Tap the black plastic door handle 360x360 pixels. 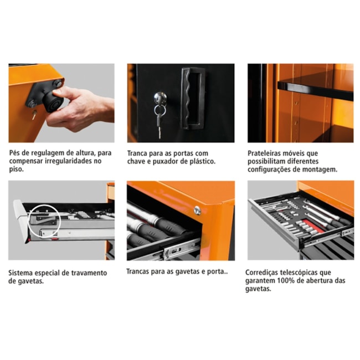coord(193,98)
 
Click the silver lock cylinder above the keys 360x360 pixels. coord(160,99)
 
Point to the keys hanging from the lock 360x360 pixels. coord(159,120)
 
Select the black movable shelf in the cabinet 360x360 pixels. coord(315,89)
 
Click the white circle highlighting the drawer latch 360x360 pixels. coord(43,221)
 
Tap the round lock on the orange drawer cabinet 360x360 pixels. coord(197,210)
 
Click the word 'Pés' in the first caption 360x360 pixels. coord(16,152)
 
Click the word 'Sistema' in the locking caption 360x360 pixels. coord(23,273)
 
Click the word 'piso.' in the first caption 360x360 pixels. coord(17,169)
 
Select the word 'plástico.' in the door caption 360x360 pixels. coord(200,161)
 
